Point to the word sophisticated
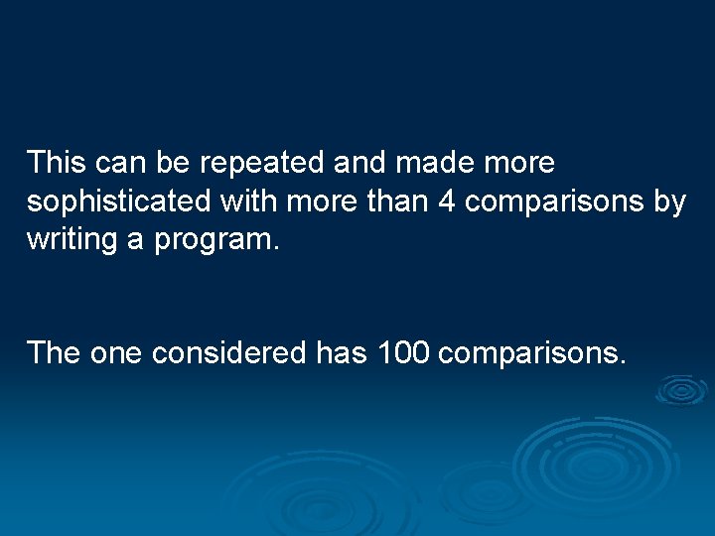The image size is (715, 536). coord(120,202)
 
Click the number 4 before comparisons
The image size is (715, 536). coord(447,201)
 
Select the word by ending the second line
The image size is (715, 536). coord(668,202)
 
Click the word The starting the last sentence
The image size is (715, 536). coord(56,352)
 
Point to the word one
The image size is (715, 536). coord(117,352)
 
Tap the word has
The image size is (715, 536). coord(344,352)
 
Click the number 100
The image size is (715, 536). coord(403,352)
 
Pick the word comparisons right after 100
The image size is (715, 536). coord(531,353)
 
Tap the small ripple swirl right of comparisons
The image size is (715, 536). coord(680,390)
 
